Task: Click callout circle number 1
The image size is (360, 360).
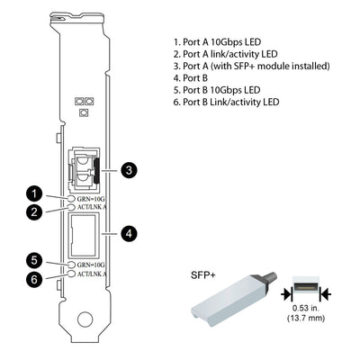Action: pos(33,193)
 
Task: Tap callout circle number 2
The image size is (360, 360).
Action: pos(33,212)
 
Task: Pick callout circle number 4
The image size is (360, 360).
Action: pos(130,233)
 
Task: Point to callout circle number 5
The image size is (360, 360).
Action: pos(33,260)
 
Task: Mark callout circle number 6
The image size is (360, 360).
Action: pos(33,279)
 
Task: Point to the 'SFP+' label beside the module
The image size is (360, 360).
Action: pos(203,274)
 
